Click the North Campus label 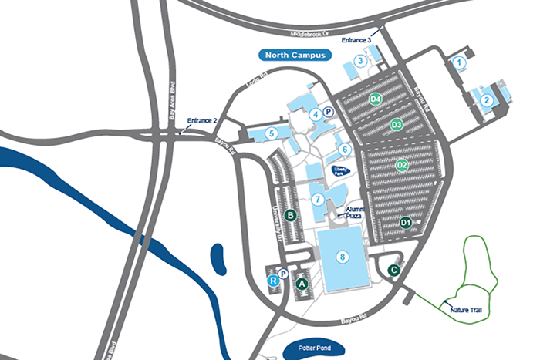[x=293, y=56]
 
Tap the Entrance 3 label [x=356, y=40]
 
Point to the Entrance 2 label [x=203, y=121]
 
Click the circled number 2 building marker [x=487, y=99]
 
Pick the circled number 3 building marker [x=359, y=60]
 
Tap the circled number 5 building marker [x=271, y=133]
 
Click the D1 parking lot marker [x=406, y=223]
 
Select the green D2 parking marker [x=402, y=165]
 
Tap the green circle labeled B [x=291, y=215]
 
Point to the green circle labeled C [x=393, y=270]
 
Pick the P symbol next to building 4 [x=328, y=112]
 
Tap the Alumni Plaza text [x=354, y=213]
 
